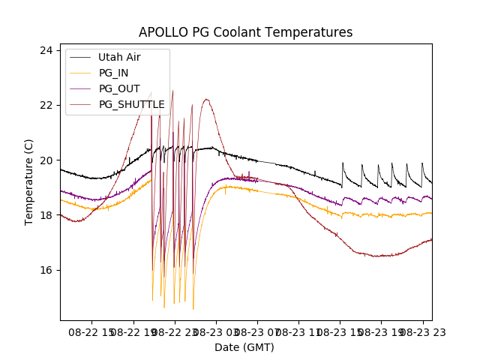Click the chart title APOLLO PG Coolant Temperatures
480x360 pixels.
click(x=245, y=32)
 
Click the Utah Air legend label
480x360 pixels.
click(x=119, y=57)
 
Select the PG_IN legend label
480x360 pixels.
click(x=114, y=73)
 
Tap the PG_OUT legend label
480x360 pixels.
click(x=119, y=88)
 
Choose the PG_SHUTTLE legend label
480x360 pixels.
click(x=132, y=104)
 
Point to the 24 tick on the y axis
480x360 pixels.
click(x=46, y=50)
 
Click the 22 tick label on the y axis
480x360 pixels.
click(x=46, y=105)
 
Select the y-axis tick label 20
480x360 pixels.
click(x=46, y=160)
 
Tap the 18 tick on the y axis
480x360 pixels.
click(x=46, y=215)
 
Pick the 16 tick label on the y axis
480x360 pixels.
click(x=46, y=270)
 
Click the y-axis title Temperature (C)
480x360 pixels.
click(x=29, y=181)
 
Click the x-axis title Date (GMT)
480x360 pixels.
click(x=244, y=347)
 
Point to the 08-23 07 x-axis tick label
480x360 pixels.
click(x=257, y=331)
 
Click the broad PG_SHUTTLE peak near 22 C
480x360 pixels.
click(x=206, y=100)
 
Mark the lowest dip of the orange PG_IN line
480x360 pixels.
click(x=193, y=308)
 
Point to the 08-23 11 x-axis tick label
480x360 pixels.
click(x=298, y=331)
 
